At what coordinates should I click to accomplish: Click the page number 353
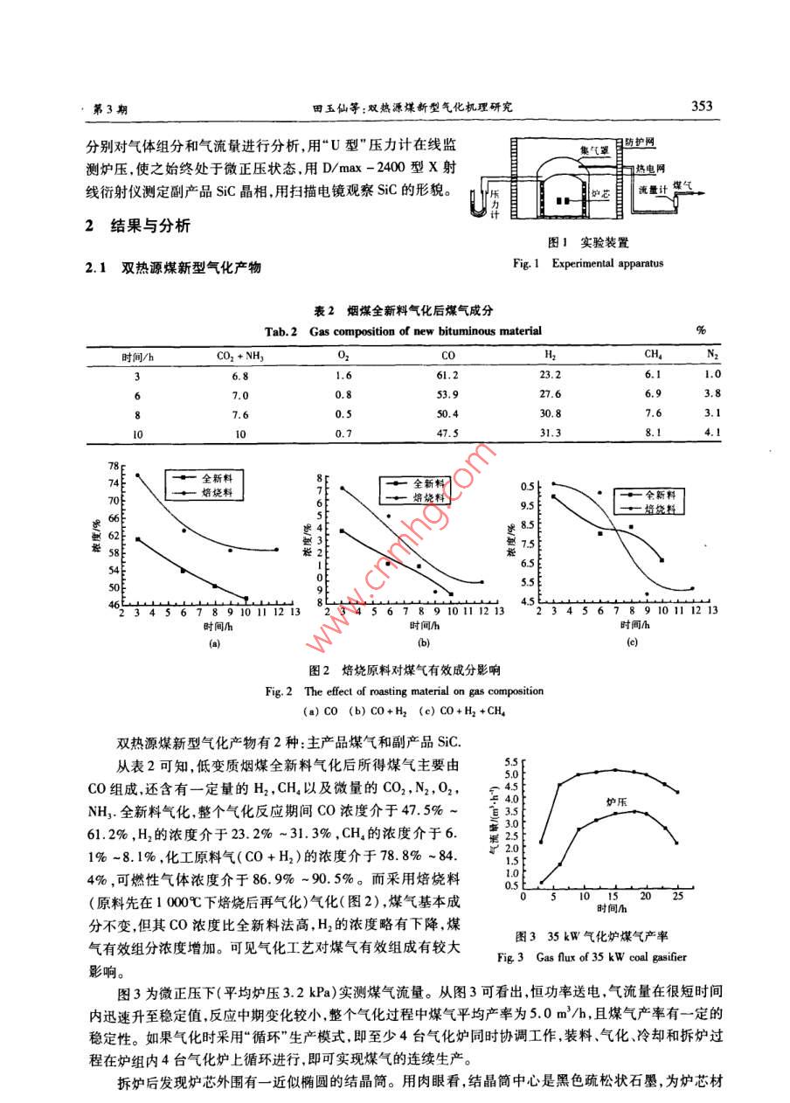coord(703,106)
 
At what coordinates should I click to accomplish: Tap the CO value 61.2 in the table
coord(449,375)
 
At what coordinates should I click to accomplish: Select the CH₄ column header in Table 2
coord(654,356)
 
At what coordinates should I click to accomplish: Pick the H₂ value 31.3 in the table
coord(551,431)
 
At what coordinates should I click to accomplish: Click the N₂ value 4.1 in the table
coord(712,431)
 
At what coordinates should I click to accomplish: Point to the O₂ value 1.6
coord(343,375)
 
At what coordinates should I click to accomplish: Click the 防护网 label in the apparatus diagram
coord(644,141)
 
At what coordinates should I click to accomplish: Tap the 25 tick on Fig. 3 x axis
coord(678,898)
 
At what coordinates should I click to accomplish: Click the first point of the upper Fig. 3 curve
coord(541,843)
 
